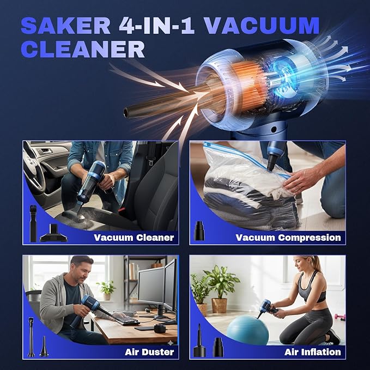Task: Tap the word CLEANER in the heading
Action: [83, 48]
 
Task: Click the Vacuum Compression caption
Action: [288, 237]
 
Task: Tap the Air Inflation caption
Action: [312, 351]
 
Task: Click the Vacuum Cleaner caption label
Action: [134, 237]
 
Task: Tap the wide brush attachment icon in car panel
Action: [53, 233]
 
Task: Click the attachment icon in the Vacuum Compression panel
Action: [199, 232]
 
